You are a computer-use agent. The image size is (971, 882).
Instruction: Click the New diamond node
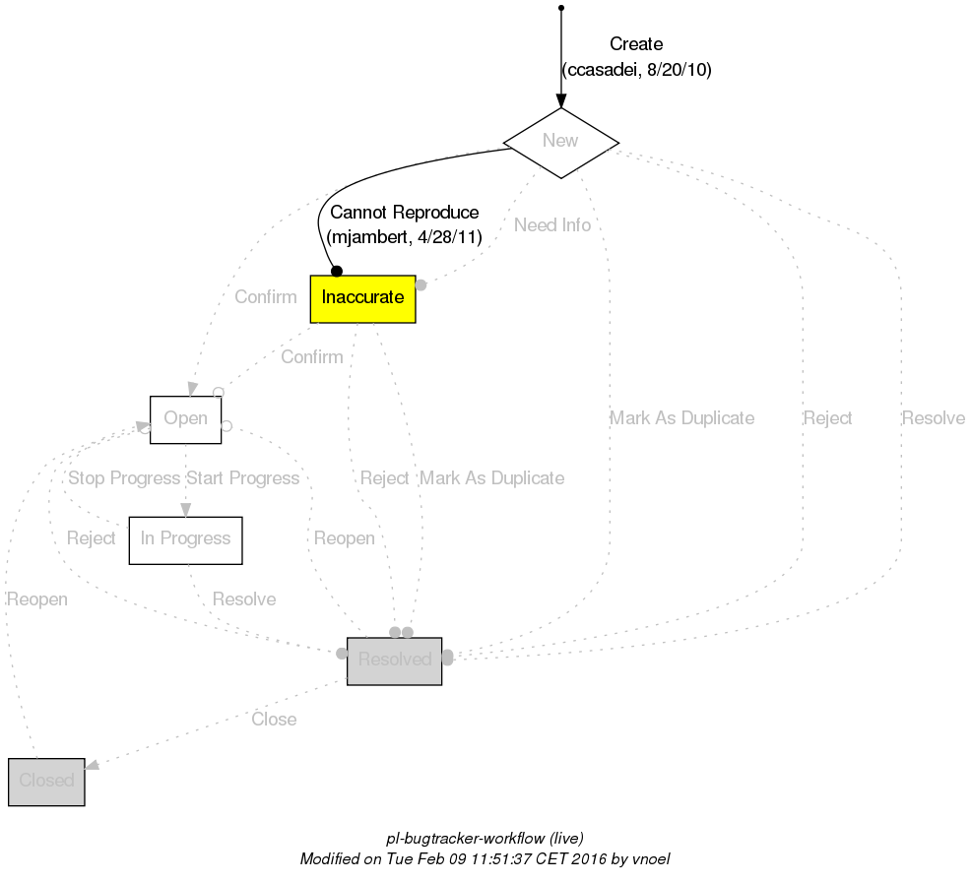pyautogui.click(x=560, y=142)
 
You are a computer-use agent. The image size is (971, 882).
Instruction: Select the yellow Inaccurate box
pyautogui.click(x=362, y=298)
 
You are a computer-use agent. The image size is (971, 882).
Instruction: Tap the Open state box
pyautogui.click(x=185, y=419)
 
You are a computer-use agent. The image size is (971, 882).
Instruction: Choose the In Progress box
pyautogui.click(x=185, y=539)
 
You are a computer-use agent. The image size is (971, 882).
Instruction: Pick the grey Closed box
pyautogui.click(x=46, y=782)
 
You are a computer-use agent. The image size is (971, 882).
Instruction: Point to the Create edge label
pyautogui.click(x=636, y=44)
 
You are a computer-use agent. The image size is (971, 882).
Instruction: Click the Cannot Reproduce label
pyautogui.click(x=404, y=213)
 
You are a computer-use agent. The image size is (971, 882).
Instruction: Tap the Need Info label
pyautogui.click(x=552, y=225)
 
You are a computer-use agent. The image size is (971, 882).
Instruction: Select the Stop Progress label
pyautogui.click(x=123, y=478)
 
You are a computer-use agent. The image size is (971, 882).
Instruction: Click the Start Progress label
pyautogui.click(x=242, y=478)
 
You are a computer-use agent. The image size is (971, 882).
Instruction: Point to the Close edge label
pyautogui.click(x=274, y=720)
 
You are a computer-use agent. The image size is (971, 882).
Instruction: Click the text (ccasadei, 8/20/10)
pyautogui.click(x=636, y=70)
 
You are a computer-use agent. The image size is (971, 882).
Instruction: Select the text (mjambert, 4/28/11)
pyautogui.click(x=404, y=237)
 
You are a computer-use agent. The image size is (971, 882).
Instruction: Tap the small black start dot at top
pyautogui.click(x=560, y=8)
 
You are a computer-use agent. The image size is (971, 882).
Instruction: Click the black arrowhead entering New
pyautogui.click(x=560, y=100)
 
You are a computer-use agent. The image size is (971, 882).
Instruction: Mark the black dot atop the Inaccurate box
pyautogui.click(x=336, y=271)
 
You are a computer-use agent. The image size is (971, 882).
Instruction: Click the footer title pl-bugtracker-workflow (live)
pyautogui.click(x=485, y=839)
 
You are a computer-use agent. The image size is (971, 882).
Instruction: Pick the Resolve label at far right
pyautogui.click(x=933, y=418)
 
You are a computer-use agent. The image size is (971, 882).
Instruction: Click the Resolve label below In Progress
pyautogui.click(x=244, y=599)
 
